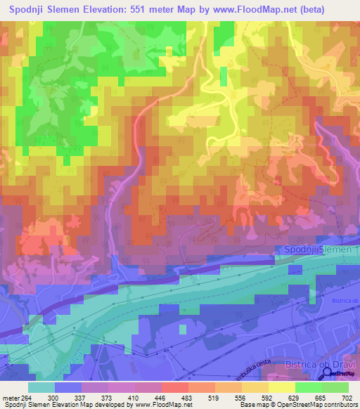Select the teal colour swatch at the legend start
(41, 387)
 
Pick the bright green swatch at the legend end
(335, 387)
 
